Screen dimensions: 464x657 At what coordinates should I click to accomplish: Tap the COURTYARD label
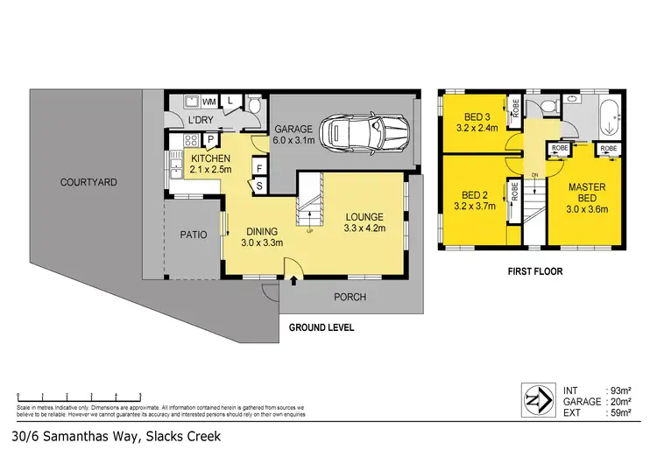tap(88, 182)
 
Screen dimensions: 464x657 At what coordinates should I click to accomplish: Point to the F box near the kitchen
tap(259, 165)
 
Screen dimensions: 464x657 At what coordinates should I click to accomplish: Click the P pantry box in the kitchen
tap(211, 140)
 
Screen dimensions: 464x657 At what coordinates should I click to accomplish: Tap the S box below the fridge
tap(259, 186)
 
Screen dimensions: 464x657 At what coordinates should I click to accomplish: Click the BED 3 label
tap(477, 116)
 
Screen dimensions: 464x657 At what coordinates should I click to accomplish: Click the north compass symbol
tap(535, 400)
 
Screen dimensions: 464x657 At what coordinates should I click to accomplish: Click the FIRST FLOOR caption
tap(534, 271)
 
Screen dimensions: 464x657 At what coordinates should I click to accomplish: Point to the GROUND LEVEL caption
tap(321, 328)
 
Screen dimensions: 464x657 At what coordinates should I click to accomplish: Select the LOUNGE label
tap(364, 217)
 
